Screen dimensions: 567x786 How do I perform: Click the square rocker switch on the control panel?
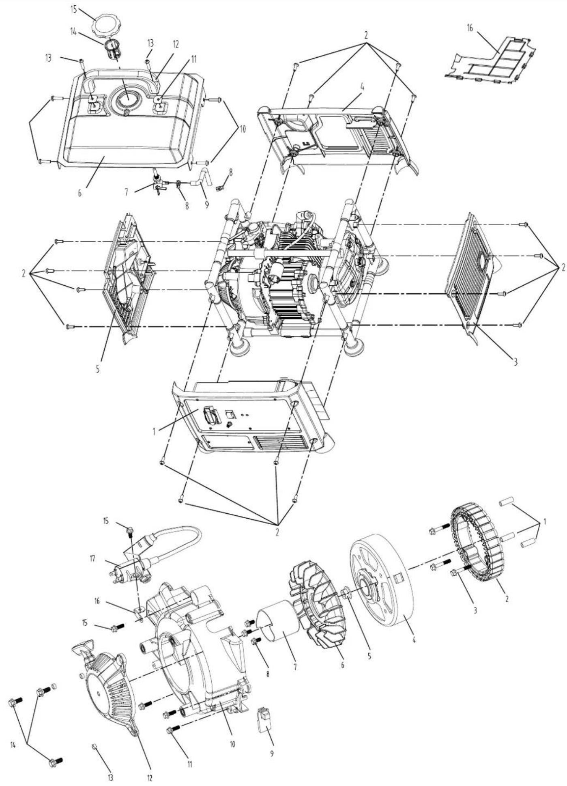pos(230,414)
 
